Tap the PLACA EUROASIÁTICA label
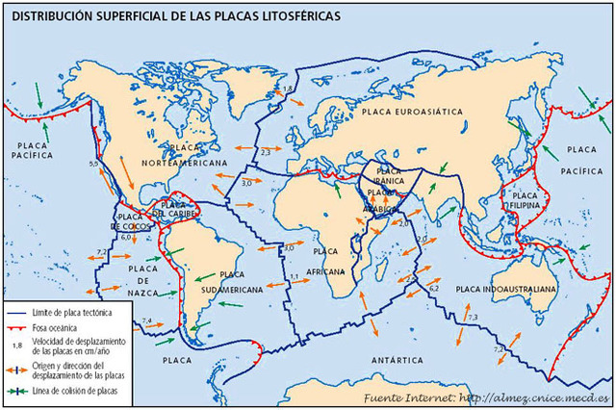(x=414, y=113)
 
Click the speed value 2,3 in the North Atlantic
(x=266, y=152)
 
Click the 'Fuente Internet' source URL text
(x=487, y=397)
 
